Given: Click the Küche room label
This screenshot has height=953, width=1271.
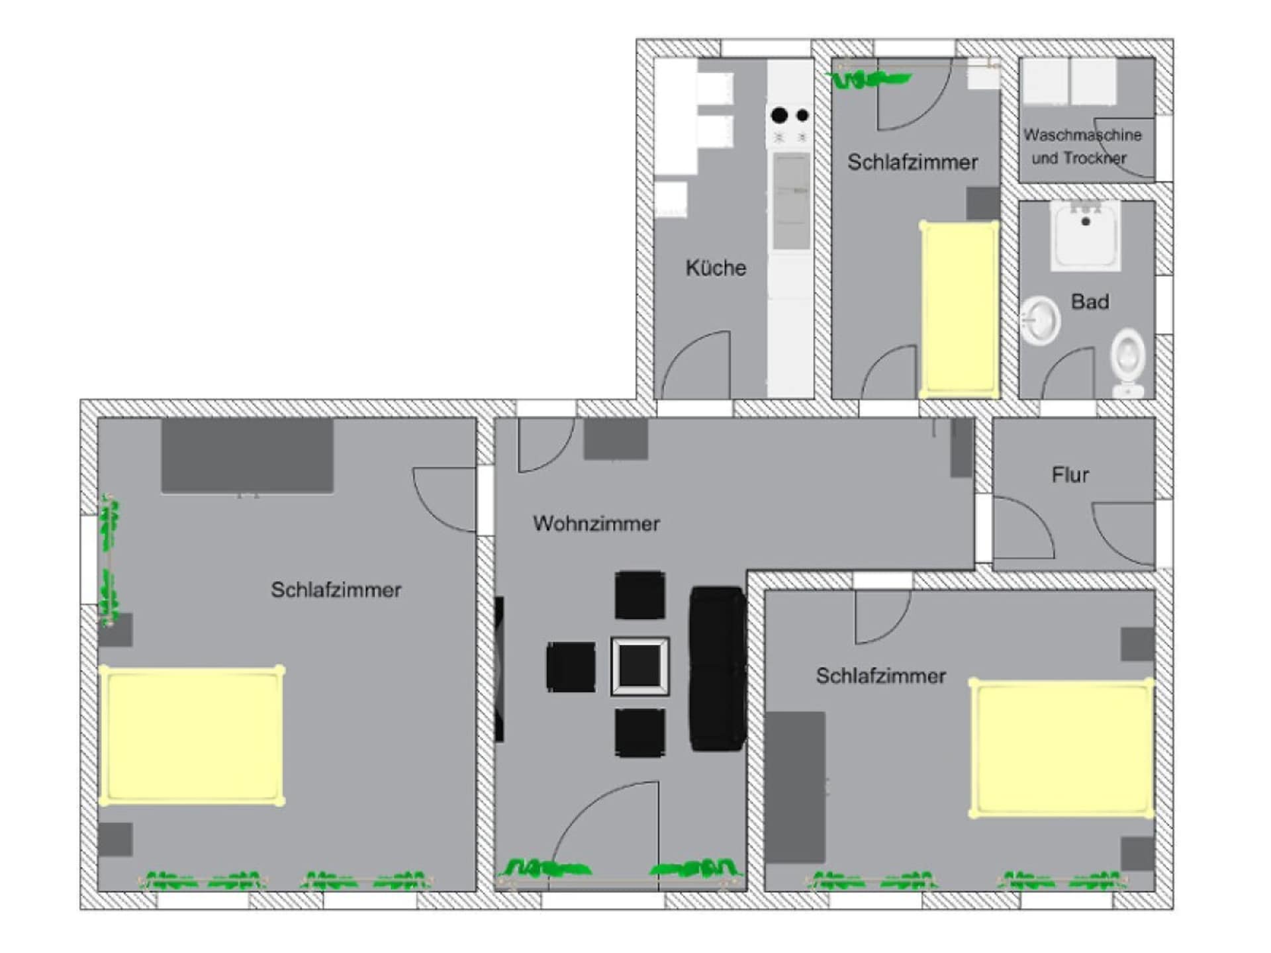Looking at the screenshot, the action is (716, 268).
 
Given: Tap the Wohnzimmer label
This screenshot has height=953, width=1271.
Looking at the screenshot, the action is (596, 523).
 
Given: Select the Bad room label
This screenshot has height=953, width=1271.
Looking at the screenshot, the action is (1090, 302).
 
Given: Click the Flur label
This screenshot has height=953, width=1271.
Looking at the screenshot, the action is (1070, 475).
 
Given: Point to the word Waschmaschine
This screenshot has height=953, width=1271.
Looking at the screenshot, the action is (1082, 135).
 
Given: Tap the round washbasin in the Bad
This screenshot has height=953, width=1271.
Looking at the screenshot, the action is (1040, 321).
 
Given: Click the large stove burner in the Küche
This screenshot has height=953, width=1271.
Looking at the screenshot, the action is (779, 115).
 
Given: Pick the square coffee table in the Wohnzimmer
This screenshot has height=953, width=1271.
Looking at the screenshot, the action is (639, 666).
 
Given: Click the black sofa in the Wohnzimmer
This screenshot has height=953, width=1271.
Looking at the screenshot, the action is (718, 668).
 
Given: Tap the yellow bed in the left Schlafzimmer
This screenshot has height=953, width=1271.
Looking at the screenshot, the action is (192, 735).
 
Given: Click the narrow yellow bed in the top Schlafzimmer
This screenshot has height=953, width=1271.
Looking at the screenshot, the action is (959, 309).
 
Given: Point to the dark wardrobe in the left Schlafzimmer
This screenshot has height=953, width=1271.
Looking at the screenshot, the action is (247, 455).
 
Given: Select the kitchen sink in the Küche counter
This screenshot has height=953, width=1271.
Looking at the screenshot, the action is (791, 202).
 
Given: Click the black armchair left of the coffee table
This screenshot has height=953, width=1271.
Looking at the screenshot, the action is (571, 667).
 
